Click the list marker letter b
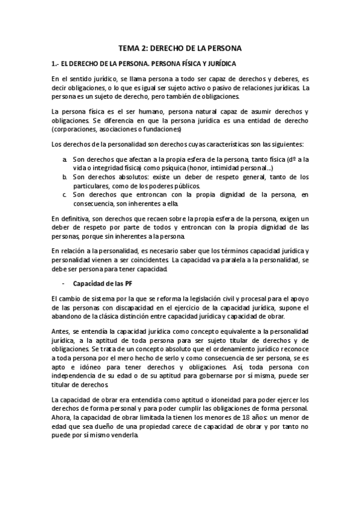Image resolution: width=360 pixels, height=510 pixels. tap(64, 177)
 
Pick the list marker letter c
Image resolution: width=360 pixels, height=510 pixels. tap(64, 195)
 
